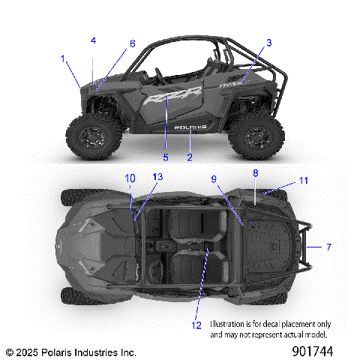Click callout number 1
64,57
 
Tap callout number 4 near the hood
94,40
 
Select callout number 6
133,43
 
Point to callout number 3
268,43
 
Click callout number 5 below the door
166,157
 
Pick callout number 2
190,157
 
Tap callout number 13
157,177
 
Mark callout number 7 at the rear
328,246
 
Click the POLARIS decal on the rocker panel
190,127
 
